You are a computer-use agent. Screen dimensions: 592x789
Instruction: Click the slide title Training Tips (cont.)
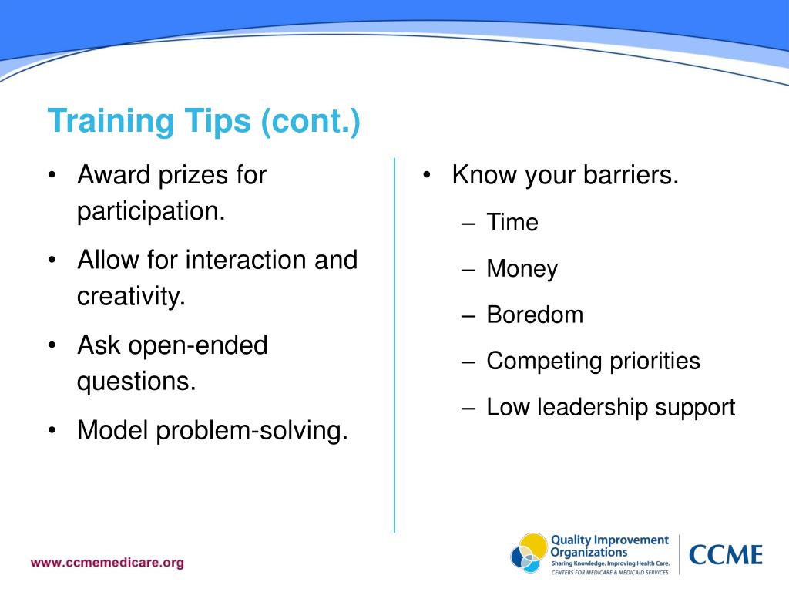203,122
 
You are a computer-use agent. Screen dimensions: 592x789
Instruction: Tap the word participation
151,211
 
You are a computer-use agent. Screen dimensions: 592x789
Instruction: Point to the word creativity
131,296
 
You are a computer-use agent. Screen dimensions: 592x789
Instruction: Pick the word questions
136,382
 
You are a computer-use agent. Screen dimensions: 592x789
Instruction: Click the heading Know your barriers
565,175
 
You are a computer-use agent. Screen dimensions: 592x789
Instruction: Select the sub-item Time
512,223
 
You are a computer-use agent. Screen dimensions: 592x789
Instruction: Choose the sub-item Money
522,269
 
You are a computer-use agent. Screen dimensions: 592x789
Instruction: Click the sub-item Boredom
535,314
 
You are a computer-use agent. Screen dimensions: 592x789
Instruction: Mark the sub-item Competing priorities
593,361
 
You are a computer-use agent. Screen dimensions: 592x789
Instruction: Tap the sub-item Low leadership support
610,407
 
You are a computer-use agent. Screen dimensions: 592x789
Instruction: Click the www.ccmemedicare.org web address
107,562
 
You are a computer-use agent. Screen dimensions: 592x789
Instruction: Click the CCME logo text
725,554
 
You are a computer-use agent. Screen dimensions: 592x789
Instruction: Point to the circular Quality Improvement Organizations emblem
529,553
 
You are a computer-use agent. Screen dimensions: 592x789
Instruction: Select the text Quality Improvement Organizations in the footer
609,546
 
